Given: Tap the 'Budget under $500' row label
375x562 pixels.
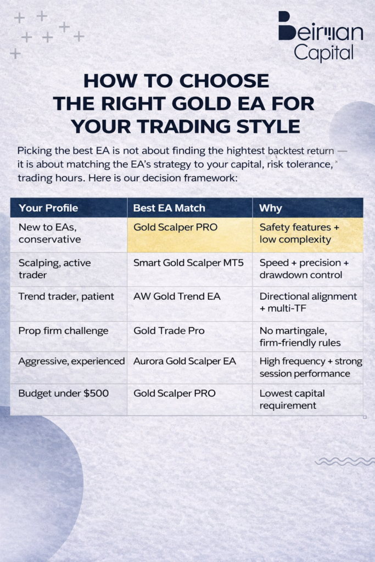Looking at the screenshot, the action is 64,393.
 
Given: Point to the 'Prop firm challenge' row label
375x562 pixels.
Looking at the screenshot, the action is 63,331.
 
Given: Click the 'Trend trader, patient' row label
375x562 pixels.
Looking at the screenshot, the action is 66,297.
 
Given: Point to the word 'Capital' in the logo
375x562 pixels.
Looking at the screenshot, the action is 324,53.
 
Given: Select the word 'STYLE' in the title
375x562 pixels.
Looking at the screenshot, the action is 268,127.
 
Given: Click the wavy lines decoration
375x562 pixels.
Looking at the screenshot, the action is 345,462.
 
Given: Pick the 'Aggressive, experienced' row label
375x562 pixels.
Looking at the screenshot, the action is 71,361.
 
